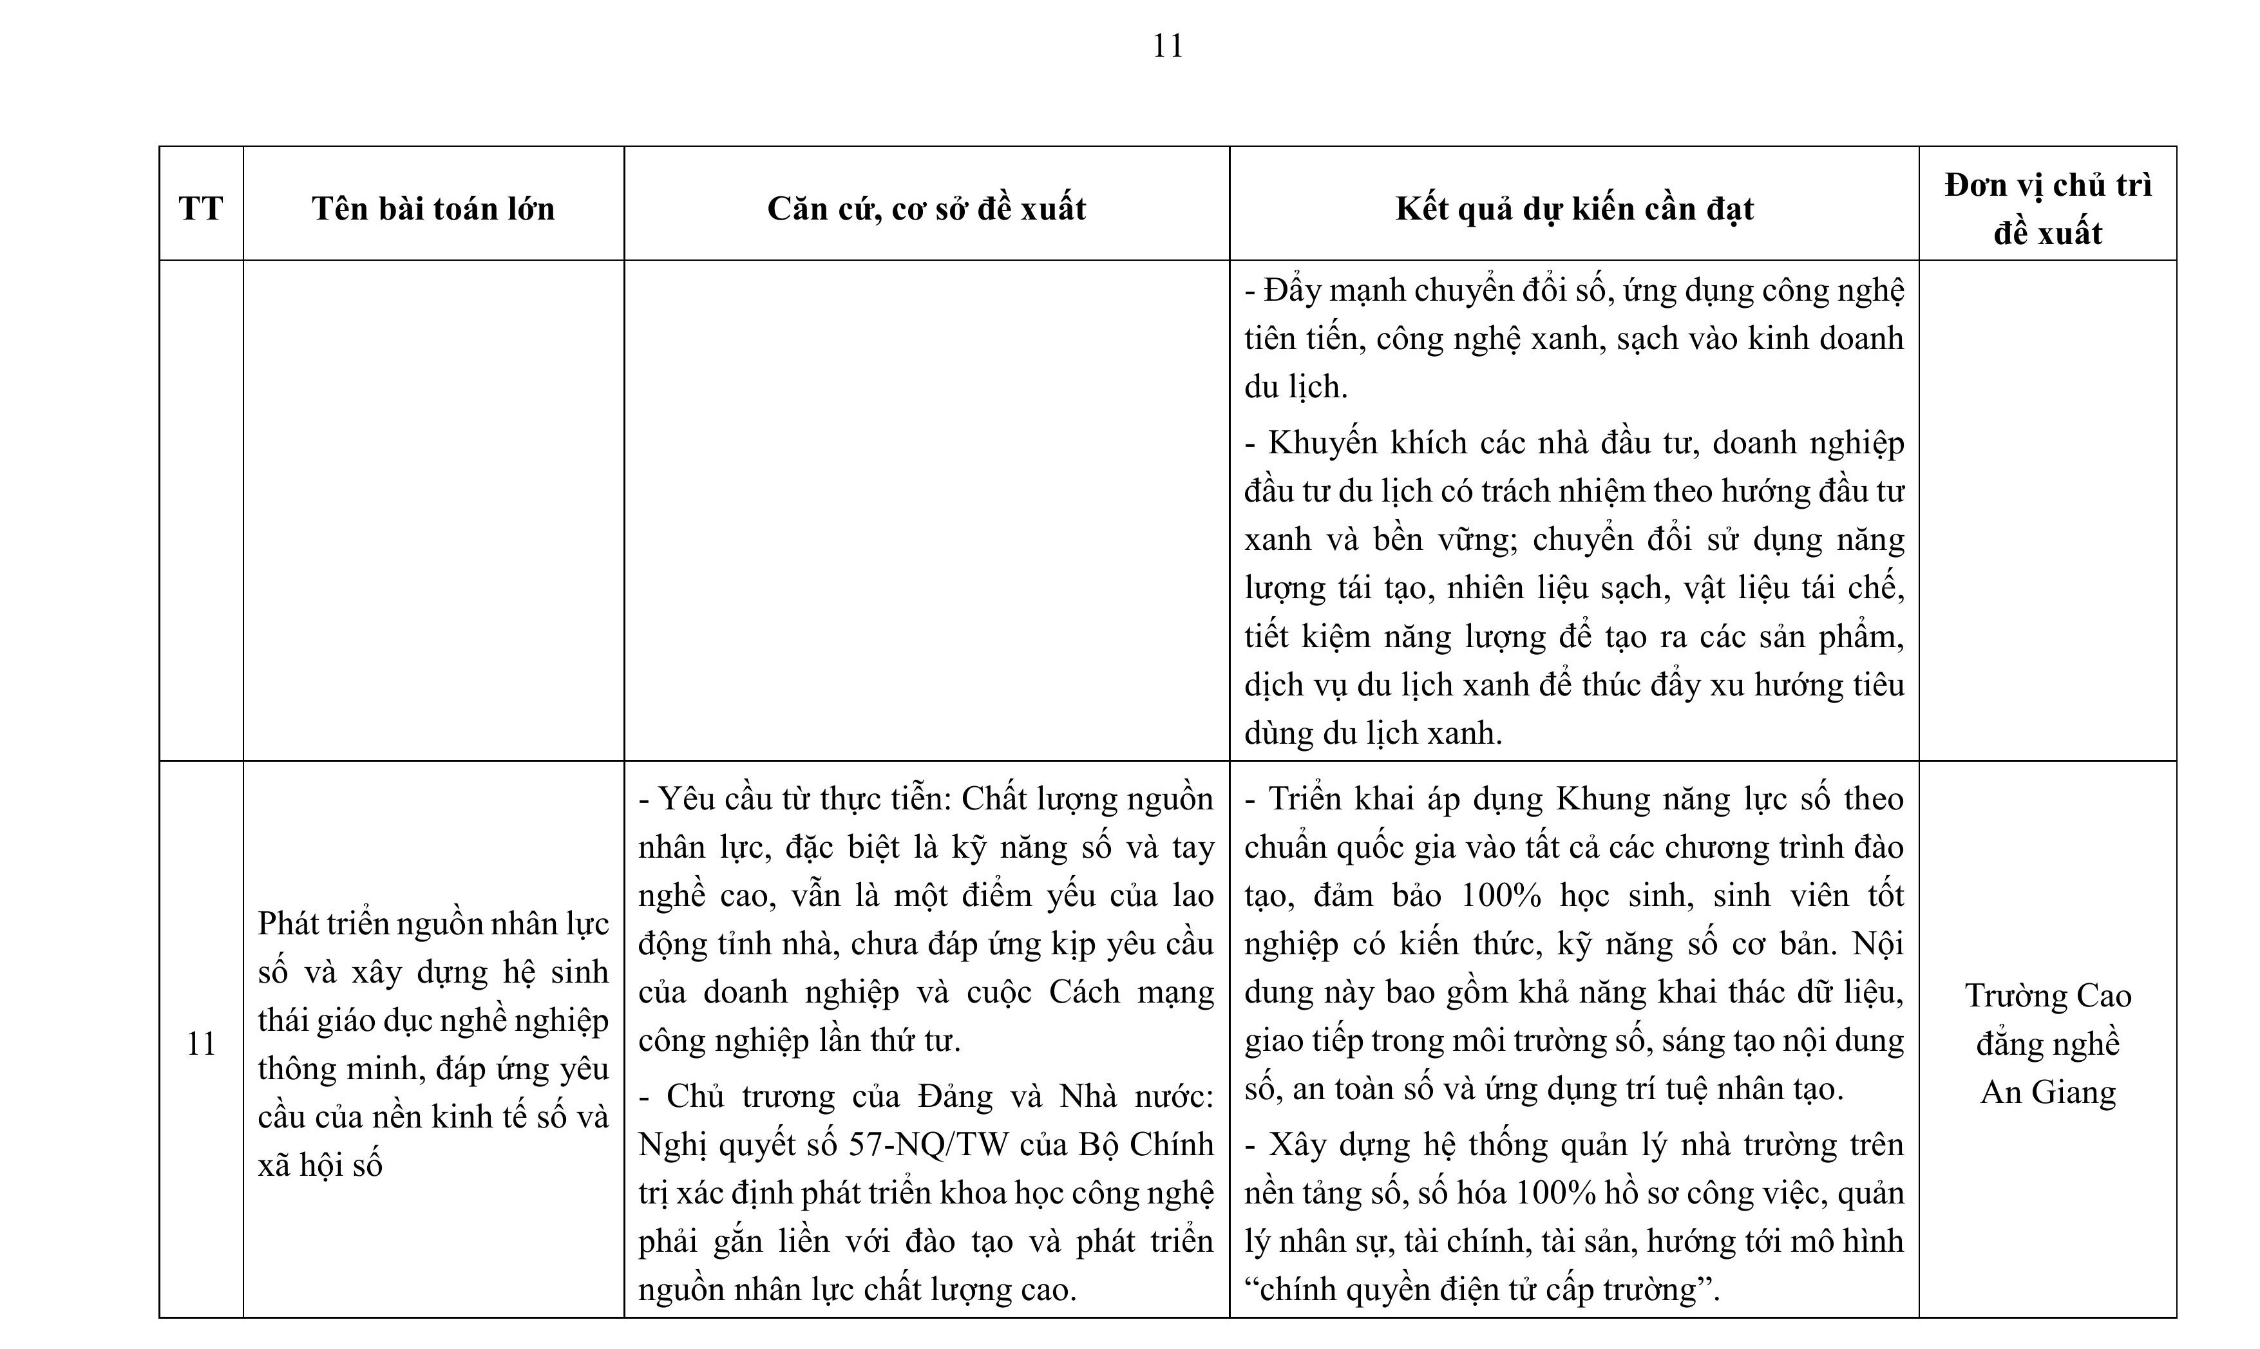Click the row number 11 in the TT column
coord(201,1044)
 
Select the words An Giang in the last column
coord(2047,1091)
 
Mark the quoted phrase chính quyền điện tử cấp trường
coord(1480,1289)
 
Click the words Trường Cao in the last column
coord(2047,995)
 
